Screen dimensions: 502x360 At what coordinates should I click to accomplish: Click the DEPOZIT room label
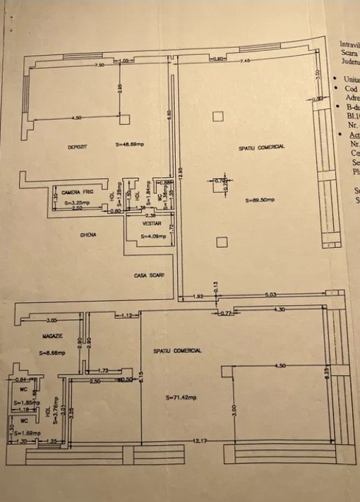click(x=77, y=148)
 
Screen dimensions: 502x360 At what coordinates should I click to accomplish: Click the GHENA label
click(x=88, y=235)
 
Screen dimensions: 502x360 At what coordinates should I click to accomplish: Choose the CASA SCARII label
click(x=148, y=275)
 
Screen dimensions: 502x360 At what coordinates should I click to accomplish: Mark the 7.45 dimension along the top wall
click(x=246, y=61)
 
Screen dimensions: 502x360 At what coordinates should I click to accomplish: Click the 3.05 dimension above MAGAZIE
click(x=52, y=319)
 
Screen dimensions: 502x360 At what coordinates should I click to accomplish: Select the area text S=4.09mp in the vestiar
click(x=152, y=237)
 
